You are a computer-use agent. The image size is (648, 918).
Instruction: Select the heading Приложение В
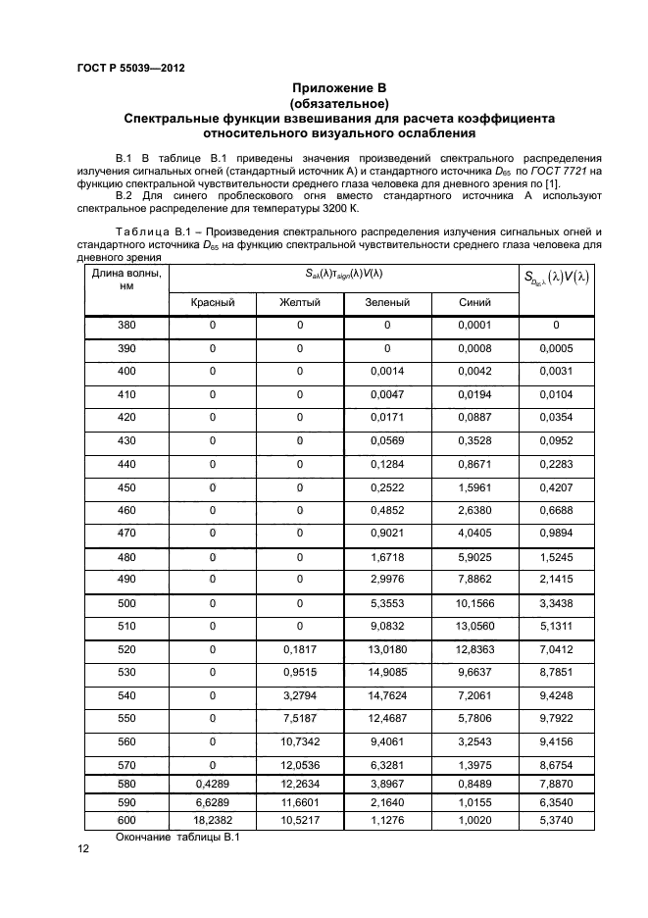tap(338, 88)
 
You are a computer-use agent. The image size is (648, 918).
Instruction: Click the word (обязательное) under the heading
tap(338, 103)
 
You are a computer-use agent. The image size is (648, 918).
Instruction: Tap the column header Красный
tap(212, 303)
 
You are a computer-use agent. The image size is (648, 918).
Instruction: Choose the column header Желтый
tap(299, 303)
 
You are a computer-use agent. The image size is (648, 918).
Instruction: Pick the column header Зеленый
tap(386, 303)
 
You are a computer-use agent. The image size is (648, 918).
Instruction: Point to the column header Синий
tap(474, 303)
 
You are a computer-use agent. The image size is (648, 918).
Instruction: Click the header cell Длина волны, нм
tap(126, 280)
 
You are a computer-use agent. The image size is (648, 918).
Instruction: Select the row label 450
tap(126, 487)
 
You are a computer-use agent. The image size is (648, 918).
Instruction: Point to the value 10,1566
tap(474, 603)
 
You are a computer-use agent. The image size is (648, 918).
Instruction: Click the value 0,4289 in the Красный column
tap(212, 784)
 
